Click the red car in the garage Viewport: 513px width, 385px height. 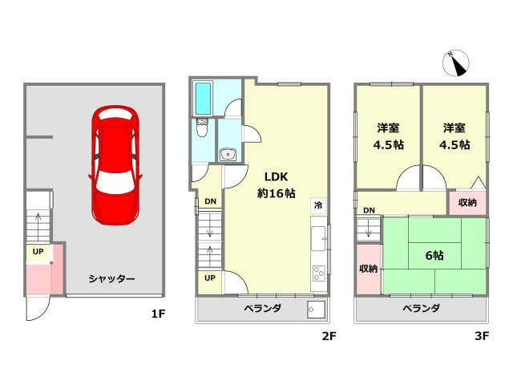point(116,164)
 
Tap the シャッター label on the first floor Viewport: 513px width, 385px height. point(111,279)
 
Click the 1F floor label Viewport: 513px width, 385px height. point(158,314)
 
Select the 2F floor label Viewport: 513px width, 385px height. point(328,336)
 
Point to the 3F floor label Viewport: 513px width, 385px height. point(481,336)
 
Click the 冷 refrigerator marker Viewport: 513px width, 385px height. point(318,205)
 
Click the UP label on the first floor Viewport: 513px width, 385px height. point(38,252)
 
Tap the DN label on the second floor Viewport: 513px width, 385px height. point(209,201)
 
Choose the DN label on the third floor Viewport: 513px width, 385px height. point(369,211)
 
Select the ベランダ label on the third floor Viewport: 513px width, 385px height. point(421,308)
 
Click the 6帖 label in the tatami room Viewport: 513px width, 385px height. point(435,255)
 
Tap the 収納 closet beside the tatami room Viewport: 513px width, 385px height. point(369,269)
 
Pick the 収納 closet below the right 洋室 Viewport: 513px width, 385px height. point(467,203)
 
